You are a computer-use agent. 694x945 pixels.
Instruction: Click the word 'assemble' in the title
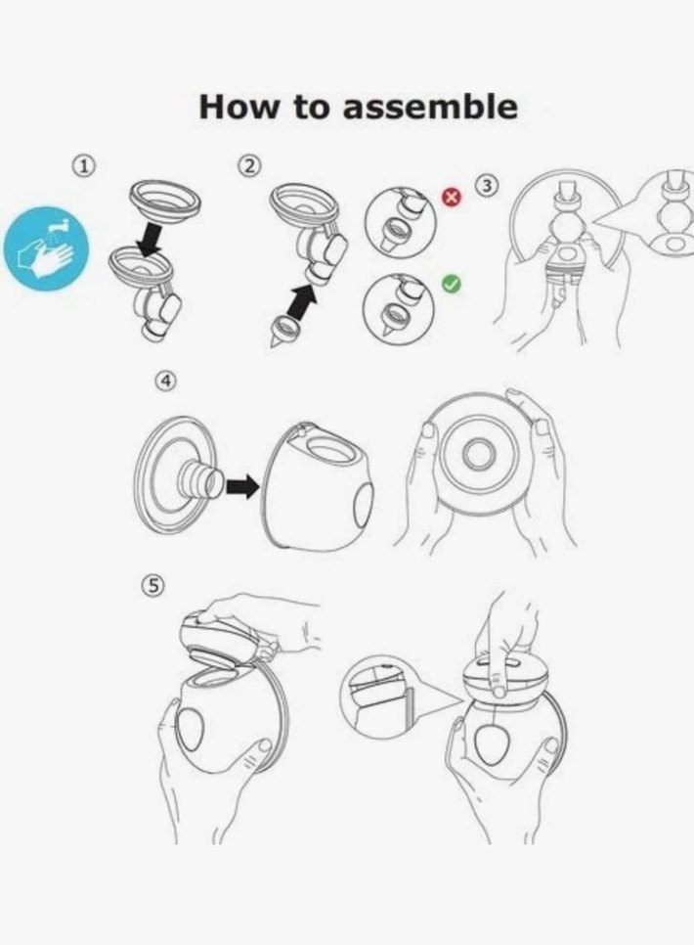(430, 107)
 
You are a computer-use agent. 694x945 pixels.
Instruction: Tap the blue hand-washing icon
(46, 248)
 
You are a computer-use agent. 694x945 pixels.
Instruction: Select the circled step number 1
(85, 165)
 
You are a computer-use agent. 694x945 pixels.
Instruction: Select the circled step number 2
(249, 165)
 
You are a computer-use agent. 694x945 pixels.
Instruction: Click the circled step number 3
(488, 186)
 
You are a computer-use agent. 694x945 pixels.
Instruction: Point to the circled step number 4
(165, 381)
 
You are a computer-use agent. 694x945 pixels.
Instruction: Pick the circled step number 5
(153, 585)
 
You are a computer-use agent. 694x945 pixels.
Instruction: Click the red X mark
(452, 197)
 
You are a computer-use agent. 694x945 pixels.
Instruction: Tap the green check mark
(452, 284)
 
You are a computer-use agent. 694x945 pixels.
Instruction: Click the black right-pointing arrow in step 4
(242, 486)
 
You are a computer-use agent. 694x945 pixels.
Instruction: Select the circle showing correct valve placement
(398, 308)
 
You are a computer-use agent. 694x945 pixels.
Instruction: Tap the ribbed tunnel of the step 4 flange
(198, 479)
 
